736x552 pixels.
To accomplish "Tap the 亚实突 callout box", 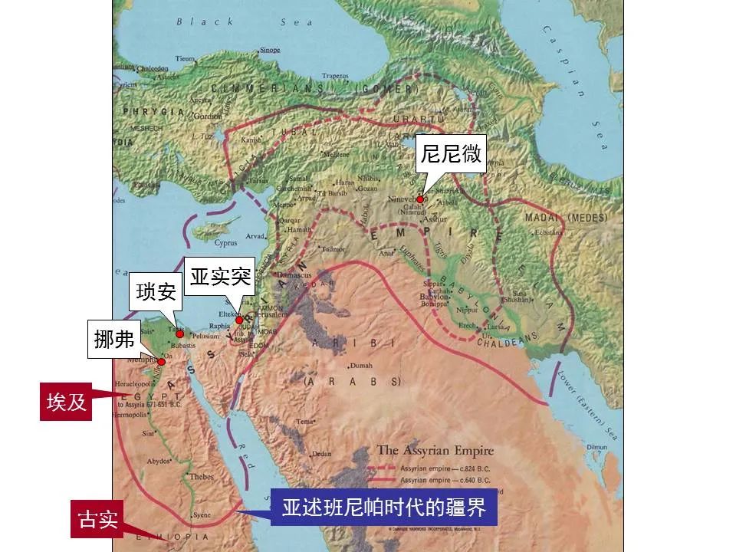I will click(221, 276).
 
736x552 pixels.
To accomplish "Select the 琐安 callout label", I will click(156, 291).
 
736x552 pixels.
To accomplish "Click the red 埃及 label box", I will click(66, 402).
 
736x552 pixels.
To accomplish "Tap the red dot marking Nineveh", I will click(420, 199).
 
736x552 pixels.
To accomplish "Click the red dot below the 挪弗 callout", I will click(162, 362).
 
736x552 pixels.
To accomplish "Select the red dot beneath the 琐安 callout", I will click(179, 334).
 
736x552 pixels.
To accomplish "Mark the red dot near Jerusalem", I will click(239, 320).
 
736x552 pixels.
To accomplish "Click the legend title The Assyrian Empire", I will click(435, 451).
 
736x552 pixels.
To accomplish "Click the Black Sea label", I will click(235, 22).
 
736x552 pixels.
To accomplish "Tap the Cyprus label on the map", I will click(226, 243).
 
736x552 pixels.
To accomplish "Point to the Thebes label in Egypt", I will click(202, 476).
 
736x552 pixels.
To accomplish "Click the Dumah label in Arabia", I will click(360, 366).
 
